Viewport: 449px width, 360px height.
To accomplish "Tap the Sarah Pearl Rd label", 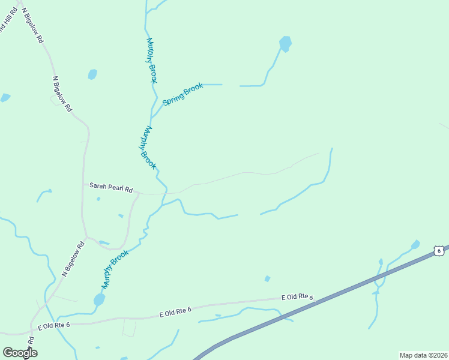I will pos(111,187).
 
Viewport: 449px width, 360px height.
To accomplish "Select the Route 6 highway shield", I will pos(439,250).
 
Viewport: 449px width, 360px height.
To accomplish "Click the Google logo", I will pos(20,353).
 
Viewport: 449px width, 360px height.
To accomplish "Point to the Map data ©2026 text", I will pos(423,355).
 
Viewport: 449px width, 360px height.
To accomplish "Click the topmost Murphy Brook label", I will pos(152,61).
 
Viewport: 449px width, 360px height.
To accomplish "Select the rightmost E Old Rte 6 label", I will pos(298,297).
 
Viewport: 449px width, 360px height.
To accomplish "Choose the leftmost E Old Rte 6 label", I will pos(54,325).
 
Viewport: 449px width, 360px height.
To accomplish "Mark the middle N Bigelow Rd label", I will pos(62,94).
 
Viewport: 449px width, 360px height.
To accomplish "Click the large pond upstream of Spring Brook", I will pos(285,43).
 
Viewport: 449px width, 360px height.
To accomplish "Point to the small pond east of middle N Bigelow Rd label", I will pos(92,74).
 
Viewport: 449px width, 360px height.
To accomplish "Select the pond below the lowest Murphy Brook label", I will pos(99,299).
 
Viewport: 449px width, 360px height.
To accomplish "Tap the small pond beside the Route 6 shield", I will pos(415,244).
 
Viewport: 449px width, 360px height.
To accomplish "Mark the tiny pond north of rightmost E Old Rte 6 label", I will pos(267,278).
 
